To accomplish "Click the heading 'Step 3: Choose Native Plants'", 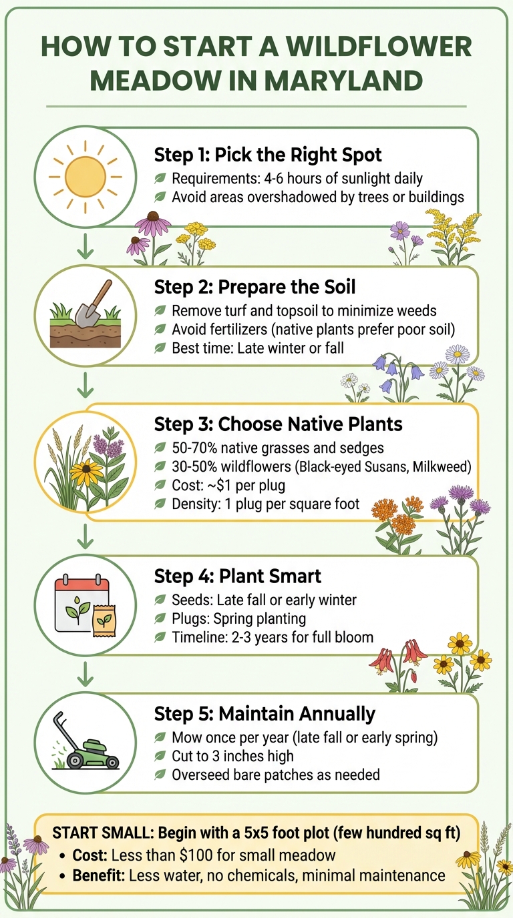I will click(279, 424).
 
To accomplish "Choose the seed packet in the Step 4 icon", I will click(102, 620).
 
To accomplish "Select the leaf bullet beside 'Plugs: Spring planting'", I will click(160, 618).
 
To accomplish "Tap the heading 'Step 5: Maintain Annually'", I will click(265, 714).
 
